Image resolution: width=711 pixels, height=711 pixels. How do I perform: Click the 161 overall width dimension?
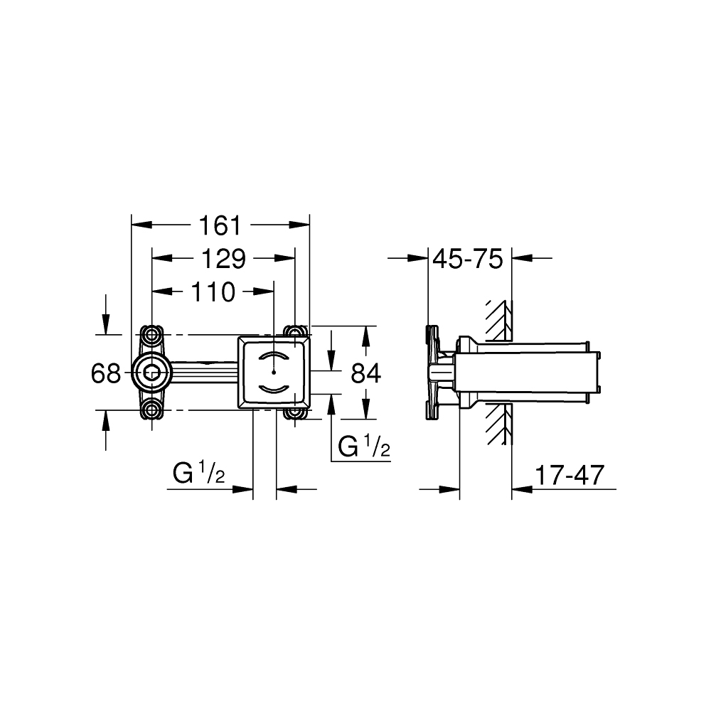pos(220,225)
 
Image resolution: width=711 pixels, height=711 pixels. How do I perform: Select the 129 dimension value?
pos(222,259)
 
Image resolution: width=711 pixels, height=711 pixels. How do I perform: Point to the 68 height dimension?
pos(106,373)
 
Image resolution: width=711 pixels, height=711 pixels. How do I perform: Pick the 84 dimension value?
pos(365,373)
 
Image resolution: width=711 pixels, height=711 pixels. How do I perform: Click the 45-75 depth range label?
pos(467,259)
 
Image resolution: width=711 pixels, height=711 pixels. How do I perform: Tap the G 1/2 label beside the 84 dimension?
pos(363,447)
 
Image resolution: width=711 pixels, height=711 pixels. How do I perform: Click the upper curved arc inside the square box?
pos(274,356)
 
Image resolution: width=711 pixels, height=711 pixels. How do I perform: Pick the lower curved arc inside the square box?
pos(274,387)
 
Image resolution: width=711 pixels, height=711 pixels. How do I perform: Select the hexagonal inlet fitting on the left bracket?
pos(151,371)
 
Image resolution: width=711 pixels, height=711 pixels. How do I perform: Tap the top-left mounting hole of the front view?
pos(151,333)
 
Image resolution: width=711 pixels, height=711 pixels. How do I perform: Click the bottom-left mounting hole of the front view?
pos(151,410)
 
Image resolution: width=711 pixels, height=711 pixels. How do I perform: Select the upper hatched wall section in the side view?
pos(499,321)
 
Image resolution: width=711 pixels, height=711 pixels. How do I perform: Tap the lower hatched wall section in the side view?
pos(499,427)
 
